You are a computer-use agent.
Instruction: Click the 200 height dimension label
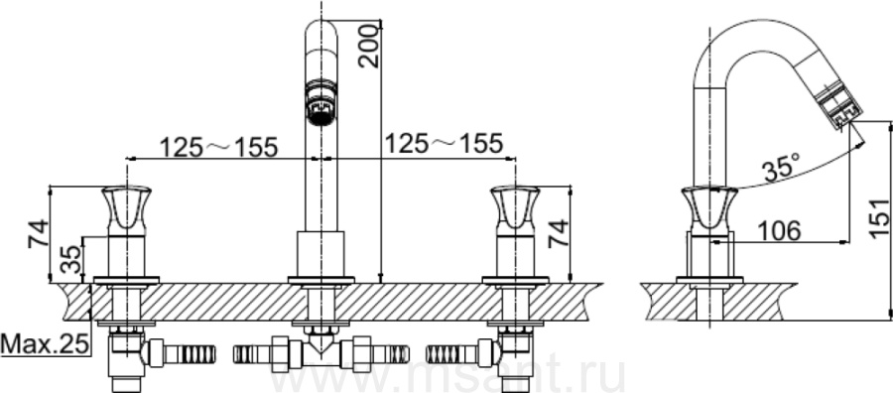point(370,46)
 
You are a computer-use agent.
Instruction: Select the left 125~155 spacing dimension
point(218,147)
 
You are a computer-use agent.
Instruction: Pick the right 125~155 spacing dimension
point(444,144)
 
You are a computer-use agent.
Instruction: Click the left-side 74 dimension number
point(38,233)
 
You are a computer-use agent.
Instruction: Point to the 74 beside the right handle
point(558,233)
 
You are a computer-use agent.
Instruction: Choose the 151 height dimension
point(880,217)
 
